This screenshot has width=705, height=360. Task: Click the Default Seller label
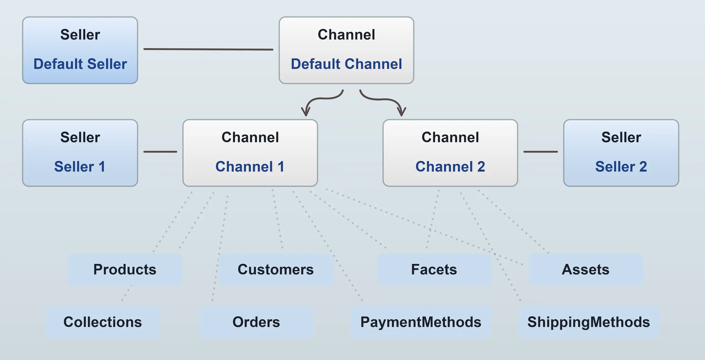[x=80, y=64]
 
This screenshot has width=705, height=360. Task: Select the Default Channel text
[x=346, y=64]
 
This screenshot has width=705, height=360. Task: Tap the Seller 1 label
[x=80, y=167]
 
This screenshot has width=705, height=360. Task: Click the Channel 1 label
[x=250, y=167]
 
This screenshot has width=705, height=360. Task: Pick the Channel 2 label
[x=450, y=167]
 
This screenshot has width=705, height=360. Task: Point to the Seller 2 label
[x=621, y=167]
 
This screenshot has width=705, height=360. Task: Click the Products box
[x=125, y=270]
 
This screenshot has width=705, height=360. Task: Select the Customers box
[x=276, y=270]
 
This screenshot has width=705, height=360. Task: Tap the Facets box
[x=434, y=270]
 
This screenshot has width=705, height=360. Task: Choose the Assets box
[x=585, y=270]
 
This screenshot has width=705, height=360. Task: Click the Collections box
[x=103, y=322]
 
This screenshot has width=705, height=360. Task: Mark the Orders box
[x=256, y=322]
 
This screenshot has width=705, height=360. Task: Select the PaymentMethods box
[x=421, y=322]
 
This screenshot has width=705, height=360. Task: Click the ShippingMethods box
[x=589, y=322]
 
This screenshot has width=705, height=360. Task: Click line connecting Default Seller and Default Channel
[x=208, y=49]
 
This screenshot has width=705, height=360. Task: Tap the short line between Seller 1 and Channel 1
[x=160, y=152]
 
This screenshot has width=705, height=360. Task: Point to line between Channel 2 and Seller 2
[x=540, y=152]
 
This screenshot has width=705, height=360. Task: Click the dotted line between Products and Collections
[x=127, y=293]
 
